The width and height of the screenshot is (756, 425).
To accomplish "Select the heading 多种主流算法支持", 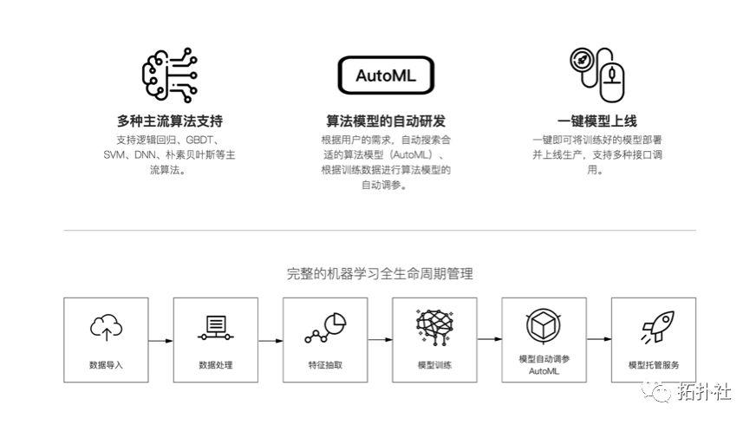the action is pyautogui.click(x=164, y=121).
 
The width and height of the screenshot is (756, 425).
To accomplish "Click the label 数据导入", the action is pyautogui.click(x=106, y=365).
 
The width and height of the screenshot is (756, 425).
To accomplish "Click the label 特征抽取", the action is pyautogui.click(x=325, y=365).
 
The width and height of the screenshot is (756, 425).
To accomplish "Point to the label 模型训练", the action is pyautogui.click(x=434, y=365).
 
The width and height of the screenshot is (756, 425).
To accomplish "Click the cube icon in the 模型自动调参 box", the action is pyautogui.click(x=544, y=325).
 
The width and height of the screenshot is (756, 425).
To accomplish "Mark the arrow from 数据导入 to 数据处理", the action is pyautogui.click(x=160, y=340).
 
